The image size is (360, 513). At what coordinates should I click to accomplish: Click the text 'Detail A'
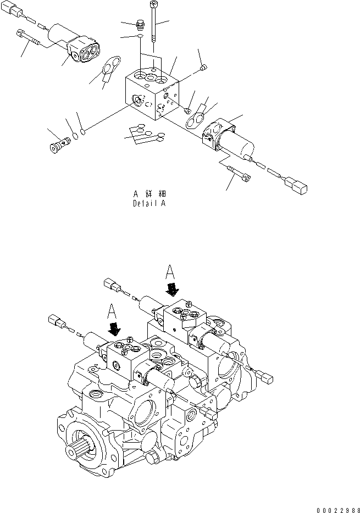pos(149,203)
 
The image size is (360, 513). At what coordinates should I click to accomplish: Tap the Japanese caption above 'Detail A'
pos(149,194)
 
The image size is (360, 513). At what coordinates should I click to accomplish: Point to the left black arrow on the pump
pos(115,329)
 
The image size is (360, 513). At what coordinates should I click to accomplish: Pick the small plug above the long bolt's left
pos(140,25)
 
